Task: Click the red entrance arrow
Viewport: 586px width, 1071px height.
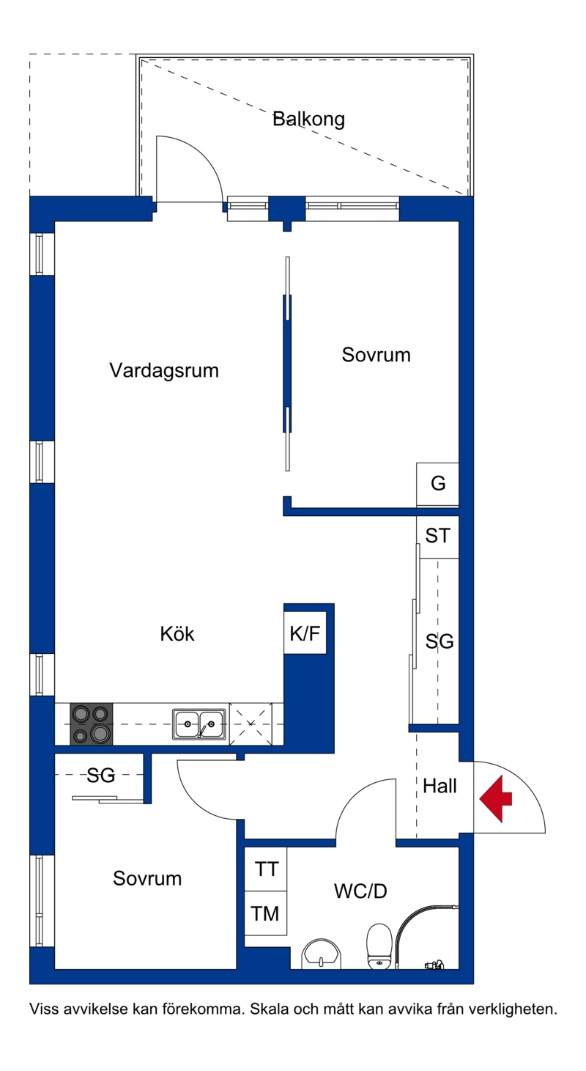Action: [x=496, y=799]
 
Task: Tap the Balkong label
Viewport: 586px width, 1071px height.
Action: [x=308, y=119]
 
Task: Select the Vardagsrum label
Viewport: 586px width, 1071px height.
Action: [x=164, y=370]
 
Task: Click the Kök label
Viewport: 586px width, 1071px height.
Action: [x=177, y=634]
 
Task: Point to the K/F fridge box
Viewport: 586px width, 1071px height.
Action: [x=305, y=633]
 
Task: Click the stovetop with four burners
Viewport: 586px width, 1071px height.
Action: [x=92, y=724]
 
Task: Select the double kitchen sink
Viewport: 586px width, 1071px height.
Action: [x=199, y=724]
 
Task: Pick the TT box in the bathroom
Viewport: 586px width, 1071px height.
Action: [x=266, y=869]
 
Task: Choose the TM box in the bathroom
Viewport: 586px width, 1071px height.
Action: [x=266, y=913]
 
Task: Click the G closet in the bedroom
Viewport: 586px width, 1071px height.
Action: [x=437, y=484]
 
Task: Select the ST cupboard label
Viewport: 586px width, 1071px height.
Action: [x=438, y=535]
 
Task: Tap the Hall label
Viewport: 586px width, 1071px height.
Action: [x=439, y=786]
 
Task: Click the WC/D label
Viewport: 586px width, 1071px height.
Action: [x=360, y=891]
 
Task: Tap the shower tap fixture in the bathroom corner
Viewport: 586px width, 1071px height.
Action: [x=434, y=965]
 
